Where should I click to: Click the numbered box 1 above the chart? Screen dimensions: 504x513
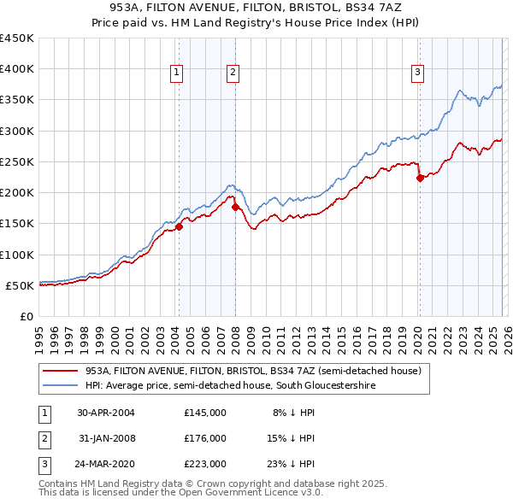[x=176, y=73]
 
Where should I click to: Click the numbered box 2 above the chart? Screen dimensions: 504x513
[x=233, y=73]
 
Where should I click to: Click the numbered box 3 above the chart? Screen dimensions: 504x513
[x=418, y=73]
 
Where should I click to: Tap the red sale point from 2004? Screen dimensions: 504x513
[x=180, y=226]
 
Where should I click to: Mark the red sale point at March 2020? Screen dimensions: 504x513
[x=420, y=178]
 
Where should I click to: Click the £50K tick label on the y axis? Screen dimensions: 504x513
[x=21, y=285]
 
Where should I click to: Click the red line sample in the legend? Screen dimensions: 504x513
[x=60, y=372]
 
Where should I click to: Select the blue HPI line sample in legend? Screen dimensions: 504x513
[x=60, y=386]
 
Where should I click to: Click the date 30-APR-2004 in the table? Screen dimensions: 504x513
[x=106, y=412]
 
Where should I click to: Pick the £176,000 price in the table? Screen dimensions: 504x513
[x=204, y=438]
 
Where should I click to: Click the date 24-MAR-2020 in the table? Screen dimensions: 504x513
[x=106, y=465]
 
